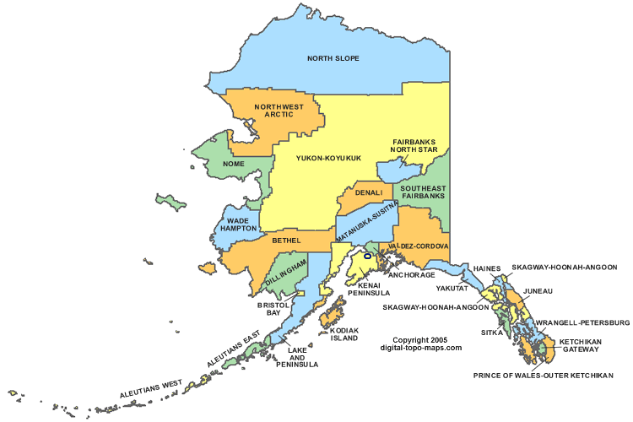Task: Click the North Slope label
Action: point(333,58)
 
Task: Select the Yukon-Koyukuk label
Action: point(328,157)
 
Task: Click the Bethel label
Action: point(286,241)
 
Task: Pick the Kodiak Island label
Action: point(344,333)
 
